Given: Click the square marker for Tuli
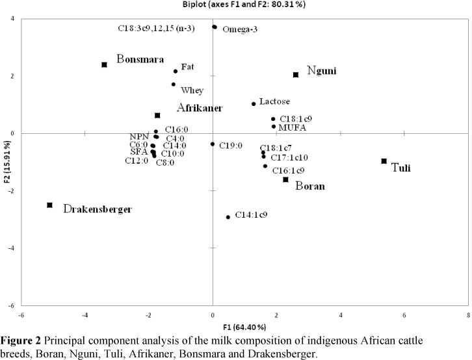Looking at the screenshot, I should pyautogui.click(x=384, y=161).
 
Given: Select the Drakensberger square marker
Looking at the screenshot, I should pyautogui.click(x=50, y=205).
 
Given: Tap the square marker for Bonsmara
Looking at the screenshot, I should pyautogui.click(x=104, y=65).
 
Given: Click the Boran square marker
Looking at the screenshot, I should pyautogui.click(x=285, y=179).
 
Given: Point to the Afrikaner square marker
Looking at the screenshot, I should pyautogui.click(x=157, y=116).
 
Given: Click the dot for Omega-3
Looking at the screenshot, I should pyautogui.click(x=215, y=27).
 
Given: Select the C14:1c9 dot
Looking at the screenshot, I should pyautogui.click(x=228, y=217).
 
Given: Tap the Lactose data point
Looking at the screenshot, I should pyautogui.click(x=254, y=104).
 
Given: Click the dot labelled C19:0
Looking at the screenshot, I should pyautogui.click(x=213, y=144).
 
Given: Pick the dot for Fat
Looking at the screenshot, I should pyautogui.click(x=176, y=71).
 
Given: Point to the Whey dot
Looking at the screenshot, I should pyautogui.click(x=174, y=84).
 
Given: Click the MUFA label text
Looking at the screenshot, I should pyautogui.click(x=292, y=127).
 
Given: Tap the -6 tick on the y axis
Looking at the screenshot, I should pyautogui.click(x=12, y=305).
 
